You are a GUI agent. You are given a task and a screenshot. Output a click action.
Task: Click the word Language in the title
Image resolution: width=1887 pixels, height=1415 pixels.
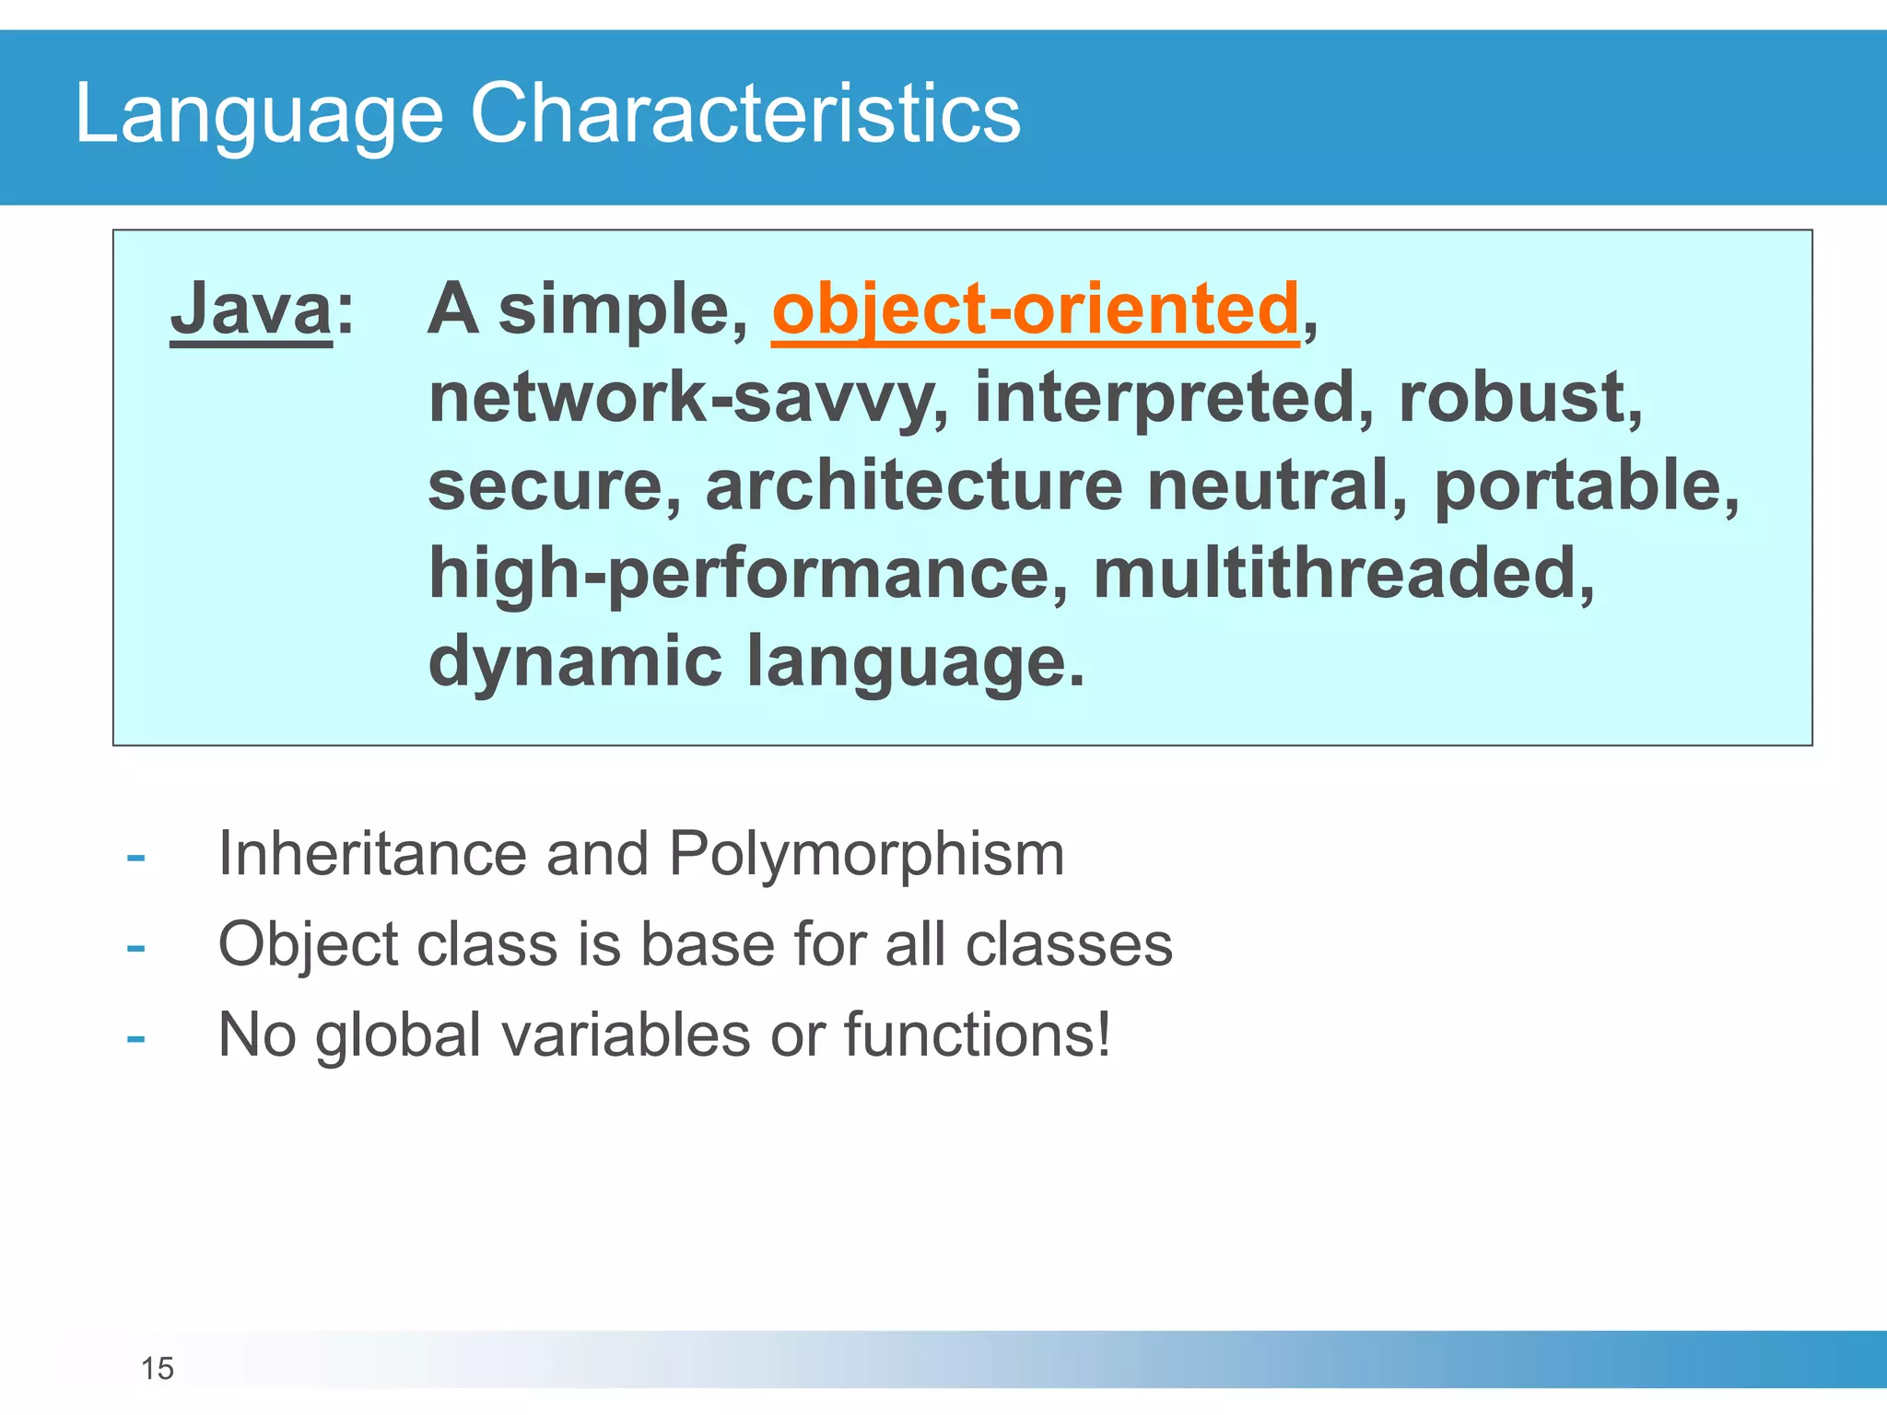pyautogui.click(x=258, y=114)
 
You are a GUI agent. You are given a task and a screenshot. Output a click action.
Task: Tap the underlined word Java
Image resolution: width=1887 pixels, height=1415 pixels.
pyautogui.click(x=251, y=310)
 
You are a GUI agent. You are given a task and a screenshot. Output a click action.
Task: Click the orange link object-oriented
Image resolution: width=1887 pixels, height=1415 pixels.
pyautogui.click(x=1035, y=310)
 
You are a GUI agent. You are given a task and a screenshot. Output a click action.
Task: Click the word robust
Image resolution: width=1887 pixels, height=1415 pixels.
pyautogui.click(x=1519, y=398)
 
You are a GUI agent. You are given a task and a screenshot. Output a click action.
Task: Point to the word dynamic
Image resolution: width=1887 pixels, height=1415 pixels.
pyautogui.click(x=575, y=661)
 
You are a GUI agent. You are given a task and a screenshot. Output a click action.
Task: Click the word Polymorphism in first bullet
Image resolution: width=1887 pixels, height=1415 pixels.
pyautogui.click(x=866, y=855)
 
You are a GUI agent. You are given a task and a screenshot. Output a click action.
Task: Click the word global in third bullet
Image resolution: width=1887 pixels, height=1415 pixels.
pyautogui.click(x=398, y=1035)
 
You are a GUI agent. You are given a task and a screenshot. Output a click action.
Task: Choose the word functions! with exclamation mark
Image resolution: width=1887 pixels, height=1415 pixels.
pyautogui.click(x=977, y=1035)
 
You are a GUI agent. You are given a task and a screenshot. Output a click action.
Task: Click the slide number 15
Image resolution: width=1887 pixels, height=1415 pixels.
pyautogui.click(x=158, y=1369)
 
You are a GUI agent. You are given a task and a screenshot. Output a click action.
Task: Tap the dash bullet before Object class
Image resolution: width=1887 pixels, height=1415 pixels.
pyautogui.click(x=136, y=947)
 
